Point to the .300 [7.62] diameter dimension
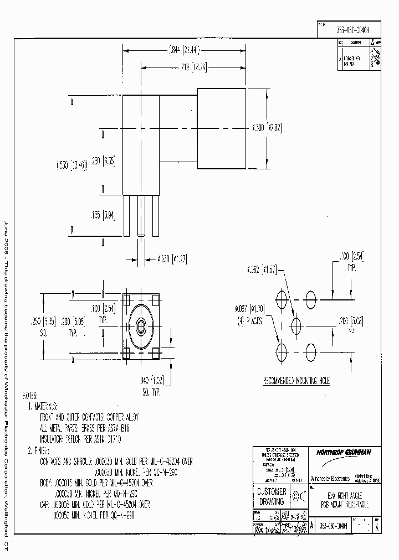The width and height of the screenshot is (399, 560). (267, 128)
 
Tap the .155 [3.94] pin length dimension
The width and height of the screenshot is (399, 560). (100, 216)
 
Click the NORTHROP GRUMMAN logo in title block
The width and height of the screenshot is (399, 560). (344, 452)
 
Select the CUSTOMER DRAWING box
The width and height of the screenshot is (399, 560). (270, 496)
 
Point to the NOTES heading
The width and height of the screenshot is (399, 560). (30, 396)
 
